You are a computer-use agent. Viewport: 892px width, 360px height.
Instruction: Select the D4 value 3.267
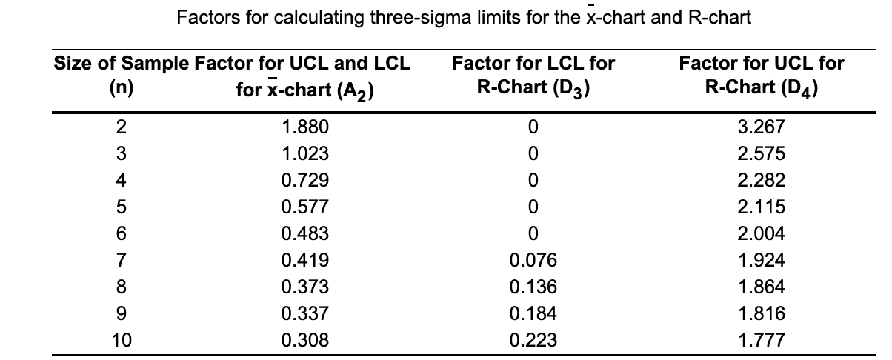coord(762,127)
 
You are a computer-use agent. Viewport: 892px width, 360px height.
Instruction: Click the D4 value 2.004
coord(762,233)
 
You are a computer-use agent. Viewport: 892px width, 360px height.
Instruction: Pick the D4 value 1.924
coord(762,260)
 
